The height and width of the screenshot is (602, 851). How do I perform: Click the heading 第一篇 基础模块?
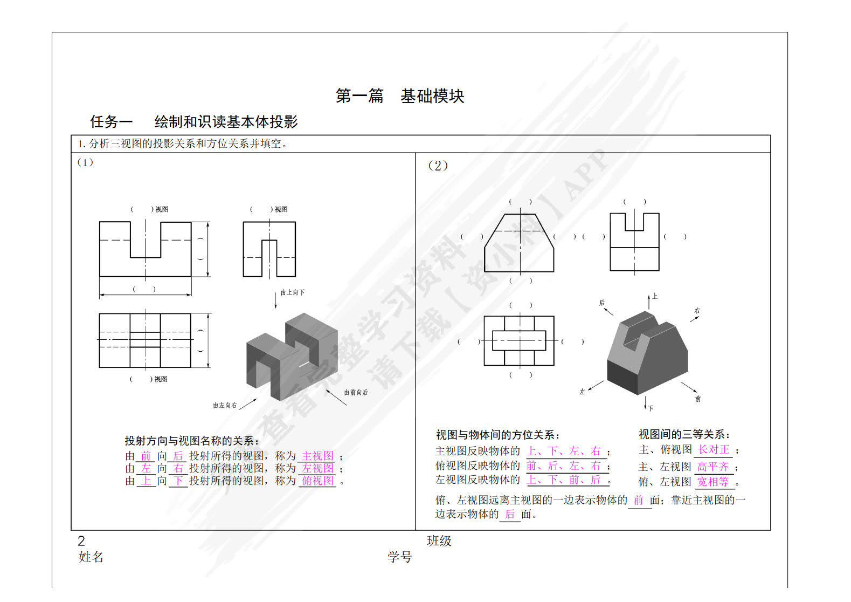pyautogui.click(x=400, y=96)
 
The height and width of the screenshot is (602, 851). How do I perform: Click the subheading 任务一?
pyautogui.click(x=111, y=122)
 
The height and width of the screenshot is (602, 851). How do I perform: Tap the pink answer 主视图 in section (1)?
pyautogui.click(x=317, y=456)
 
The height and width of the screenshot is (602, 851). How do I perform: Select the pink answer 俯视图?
pyautogui.click(x=317, y=481)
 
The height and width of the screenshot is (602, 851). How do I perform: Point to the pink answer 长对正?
pyautogui.click(x=713, y=450)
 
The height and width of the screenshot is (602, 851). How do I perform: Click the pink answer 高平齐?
pyautogui.click(x=712, y=467)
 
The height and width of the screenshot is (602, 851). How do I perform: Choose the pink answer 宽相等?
pyautogui.click(x=712, y=482)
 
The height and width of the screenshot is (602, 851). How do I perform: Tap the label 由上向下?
pyautogui.click(x=292, y=292)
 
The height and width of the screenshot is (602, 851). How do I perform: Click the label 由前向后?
pyautogui.click(x=356, y=392)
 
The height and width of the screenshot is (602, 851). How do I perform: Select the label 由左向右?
pyautogui.click(x=225, y=405)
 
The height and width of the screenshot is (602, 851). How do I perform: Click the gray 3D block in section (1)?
pyautogui.click(x=292, y=356)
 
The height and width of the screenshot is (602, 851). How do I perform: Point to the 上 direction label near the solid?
pyautogui.click(x=655, y=296)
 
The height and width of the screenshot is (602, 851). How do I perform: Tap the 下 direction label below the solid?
pyautogui.click(x=651, y=408)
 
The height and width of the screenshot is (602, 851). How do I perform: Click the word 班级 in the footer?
pyautogui.click(x=439, y=541)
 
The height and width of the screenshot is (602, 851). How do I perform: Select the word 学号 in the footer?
pyautogui.click(x=399, y=557)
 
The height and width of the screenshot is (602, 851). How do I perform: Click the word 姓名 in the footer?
pyautogui.click(x=91, y=557)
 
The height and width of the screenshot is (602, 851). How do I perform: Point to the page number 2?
pyautogui.click(x=81, y=541)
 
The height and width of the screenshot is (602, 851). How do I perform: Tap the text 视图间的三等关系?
pyautogui.click(x=684, y=435)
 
